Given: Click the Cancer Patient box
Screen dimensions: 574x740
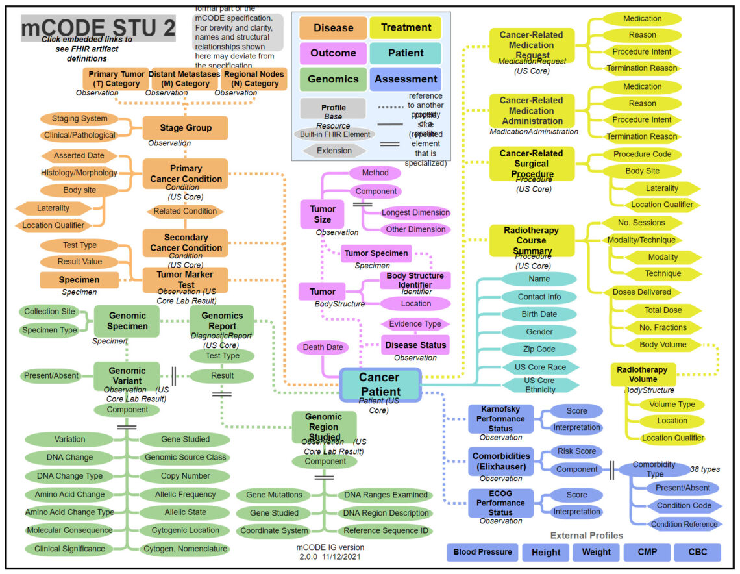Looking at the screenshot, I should pos(380,384).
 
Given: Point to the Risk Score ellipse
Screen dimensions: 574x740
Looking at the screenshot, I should pos(576,451).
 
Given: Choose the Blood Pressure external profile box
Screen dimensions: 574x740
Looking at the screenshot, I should pos(482,552).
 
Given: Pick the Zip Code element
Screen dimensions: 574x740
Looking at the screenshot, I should pos(539,349).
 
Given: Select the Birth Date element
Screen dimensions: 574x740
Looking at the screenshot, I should pos(539,314).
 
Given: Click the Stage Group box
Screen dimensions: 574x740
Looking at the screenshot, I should pos(186,128).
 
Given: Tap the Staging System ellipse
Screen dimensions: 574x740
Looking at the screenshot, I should pos(80,119).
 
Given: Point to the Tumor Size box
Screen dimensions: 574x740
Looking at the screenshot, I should pos(323,214).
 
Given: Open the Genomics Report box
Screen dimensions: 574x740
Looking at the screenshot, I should pos(222,321).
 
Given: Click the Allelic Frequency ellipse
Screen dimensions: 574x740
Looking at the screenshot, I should pos(185,494).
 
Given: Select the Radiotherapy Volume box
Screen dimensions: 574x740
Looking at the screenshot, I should pos(643,374).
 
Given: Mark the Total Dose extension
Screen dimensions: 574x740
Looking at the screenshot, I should pos(663,310).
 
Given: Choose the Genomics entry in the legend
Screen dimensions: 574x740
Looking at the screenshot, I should pos(333,79).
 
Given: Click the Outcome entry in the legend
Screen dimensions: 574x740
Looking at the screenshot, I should pos(333,53).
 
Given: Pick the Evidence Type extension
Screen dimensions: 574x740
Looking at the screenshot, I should pos(415,324).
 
